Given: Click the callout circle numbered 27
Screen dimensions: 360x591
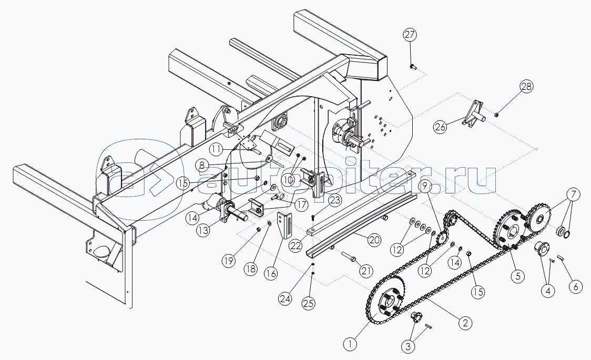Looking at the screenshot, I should (x=410, y=35).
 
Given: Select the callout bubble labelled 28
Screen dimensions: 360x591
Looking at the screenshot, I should (x=527, y=86).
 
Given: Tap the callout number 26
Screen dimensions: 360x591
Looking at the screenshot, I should (x=441, y=127).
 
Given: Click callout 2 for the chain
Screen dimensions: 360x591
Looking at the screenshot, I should (x=464, y=323).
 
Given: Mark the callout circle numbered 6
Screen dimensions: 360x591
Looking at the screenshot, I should (x=575, y=287).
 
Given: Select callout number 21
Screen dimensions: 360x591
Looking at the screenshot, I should (x=366, y=271).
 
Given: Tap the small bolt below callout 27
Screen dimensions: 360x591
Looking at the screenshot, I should (x=412, y=67).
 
